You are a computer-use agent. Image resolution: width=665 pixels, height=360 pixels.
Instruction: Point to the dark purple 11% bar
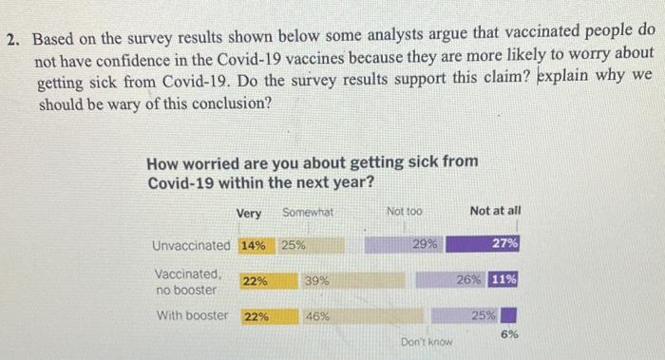click(503, 280)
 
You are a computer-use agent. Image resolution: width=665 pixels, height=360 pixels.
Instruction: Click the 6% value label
click(510, 334)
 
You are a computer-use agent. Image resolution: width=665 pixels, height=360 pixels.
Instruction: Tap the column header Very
click(249, 213)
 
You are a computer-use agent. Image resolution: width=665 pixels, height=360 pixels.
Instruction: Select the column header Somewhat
click(308, 212)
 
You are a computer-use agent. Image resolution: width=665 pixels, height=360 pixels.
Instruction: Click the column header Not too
click(405, 211)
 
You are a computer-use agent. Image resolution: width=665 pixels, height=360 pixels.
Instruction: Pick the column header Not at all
click(495, 211)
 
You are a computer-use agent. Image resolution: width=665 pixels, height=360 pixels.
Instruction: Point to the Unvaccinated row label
click(191, 245)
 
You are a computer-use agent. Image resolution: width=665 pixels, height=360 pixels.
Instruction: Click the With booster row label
click(192, 315)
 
